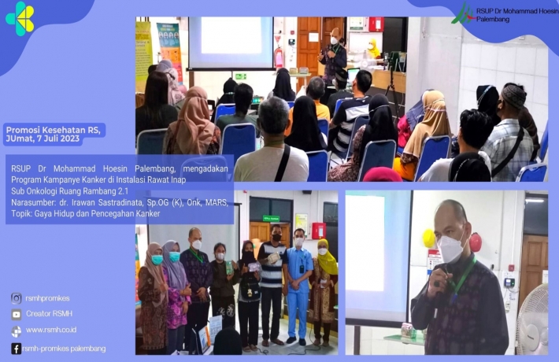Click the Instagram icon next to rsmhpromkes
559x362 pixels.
(x=16, y=298)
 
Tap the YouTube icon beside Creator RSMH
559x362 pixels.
(x=17, y=314)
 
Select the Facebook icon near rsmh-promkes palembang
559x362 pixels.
(x=16, y=349)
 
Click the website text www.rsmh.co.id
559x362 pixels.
(x=51, y=330)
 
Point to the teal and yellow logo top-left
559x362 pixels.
(x=20, y=19)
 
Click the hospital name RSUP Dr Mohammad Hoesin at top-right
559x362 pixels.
(x=517, y=11)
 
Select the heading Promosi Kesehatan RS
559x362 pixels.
(x=53, y=130)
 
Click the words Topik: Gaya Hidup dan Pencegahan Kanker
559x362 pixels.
(x=86, y=214)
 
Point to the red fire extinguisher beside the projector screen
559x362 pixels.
(x=279, y=57)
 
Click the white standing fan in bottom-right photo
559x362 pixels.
(x=533, y=320)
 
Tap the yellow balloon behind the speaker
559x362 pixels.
(x=428, y=238)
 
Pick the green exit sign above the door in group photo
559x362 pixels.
(x=272, y=219)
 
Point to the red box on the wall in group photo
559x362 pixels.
(x=318, y=231)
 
